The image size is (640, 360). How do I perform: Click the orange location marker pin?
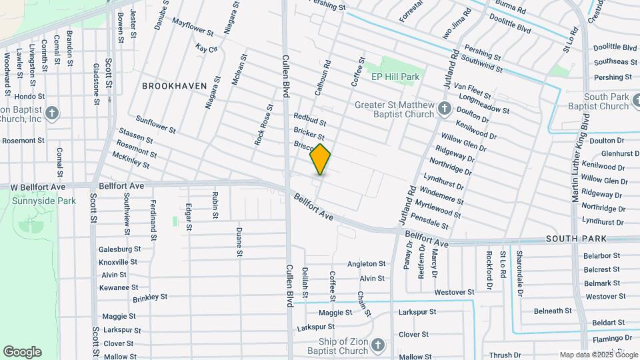[320, 159]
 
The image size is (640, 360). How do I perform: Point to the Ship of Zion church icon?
[377, 345]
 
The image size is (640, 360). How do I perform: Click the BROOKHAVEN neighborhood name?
[171, 86]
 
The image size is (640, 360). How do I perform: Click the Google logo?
[22, 352]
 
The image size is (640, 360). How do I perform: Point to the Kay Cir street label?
[207, 49]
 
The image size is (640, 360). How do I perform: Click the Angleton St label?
[366, 264]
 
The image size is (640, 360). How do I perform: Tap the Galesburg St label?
[119, 249]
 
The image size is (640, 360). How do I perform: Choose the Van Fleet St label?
[472, 92]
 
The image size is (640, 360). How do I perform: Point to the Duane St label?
[239, 242]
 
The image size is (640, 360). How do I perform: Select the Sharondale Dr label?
[520, 270]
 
